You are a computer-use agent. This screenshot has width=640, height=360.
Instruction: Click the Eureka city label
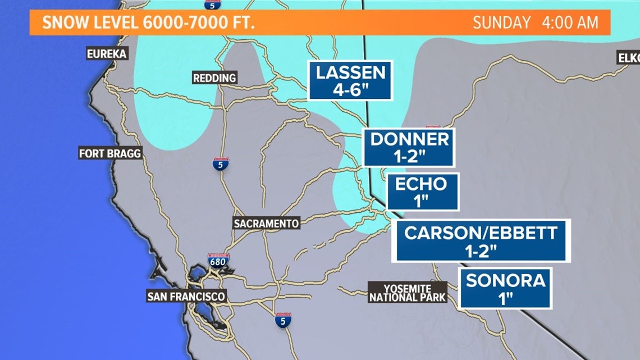tap(107, 54)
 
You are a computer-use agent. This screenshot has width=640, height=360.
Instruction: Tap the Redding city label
tap(214, 78)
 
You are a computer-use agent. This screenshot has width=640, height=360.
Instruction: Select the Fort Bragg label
tap(110, 153)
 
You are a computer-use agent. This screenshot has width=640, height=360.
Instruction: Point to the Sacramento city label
tap(266, 224)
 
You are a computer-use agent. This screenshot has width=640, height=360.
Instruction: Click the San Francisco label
tap(186, 297)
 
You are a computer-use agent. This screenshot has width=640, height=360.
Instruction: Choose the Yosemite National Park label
tap(407, 293)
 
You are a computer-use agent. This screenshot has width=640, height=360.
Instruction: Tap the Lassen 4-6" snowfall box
tap(350, 80)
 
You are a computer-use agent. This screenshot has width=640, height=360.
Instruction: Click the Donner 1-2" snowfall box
tap(409, 147)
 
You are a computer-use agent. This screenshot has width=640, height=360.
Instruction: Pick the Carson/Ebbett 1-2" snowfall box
tap(481, 240)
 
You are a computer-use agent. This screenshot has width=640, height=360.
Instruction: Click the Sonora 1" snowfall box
tap(505, 288)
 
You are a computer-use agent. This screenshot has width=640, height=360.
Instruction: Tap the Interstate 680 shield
tap(218, 260)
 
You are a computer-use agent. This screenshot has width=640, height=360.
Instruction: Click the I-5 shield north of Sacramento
tap(221, 164)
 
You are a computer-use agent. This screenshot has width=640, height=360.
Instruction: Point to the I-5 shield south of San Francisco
tap(283, 320)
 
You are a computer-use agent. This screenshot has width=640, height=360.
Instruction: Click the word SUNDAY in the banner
tap(501, 23)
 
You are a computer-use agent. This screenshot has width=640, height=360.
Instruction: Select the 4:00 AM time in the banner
tap(569, 23)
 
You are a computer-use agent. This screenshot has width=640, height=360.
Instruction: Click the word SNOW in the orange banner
tap(62, 23)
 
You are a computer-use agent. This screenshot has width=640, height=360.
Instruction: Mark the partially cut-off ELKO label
tap(628, 58)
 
